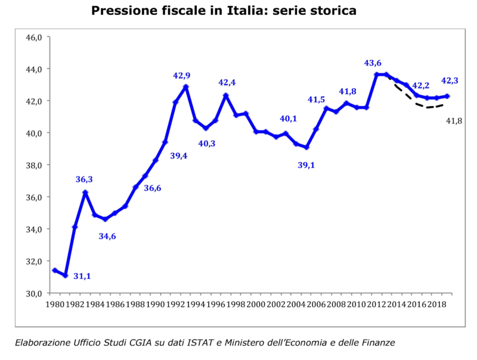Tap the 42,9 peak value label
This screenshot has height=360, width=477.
point(182,76)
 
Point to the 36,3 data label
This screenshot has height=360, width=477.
point(84,179)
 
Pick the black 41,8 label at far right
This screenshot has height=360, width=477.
point(456,122)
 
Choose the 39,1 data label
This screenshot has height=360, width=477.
point(308,165)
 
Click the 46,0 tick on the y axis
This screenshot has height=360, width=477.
point(33,37)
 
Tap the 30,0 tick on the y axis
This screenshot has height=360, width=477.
point(33,293)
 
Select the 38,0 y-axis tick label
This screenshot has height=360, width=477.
point(33,165)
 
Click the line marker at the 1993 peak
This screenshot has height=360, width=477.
point(186,87)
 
